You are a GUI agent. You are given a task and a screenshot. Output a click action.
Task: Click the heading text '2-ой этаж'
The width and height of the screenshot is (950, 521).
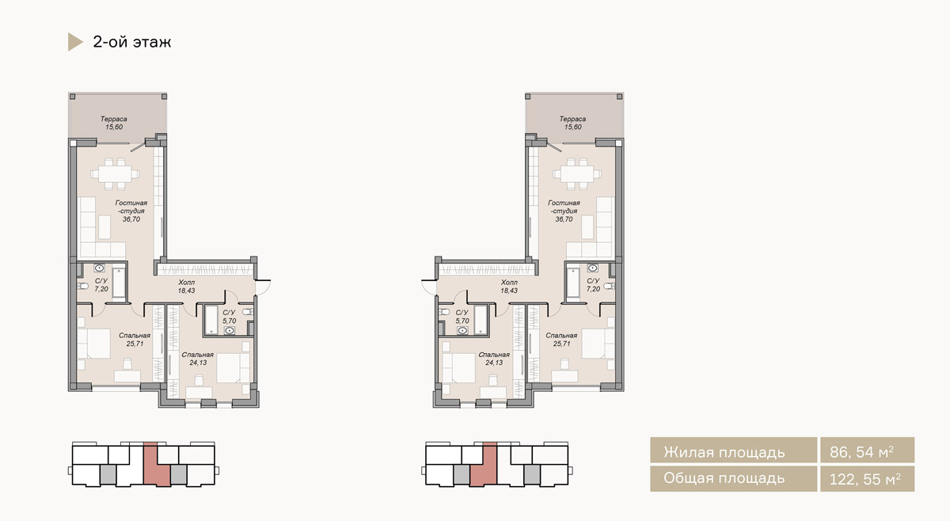tap(132, 42)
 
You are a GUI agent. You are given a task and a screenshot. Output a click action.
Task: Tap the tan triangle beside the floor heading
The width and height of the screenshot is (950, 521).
tap(74, 42)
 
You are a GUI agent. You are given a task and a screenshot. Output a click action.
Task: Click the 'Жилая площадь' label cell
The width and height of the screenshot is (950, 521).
tap(733, 451)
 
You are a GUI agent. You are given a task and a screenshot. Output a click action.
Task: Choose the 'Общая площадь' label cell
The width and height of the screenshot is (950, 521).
tap(733, 479)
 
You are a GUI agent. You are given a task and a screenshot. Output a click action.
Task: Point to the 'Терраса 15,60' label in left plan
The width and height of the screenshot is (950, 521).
tap(114, 123)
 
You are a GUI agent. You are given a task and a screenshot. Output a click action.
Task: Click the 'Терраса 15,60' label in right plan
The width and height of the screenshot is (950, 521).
tap(572, 123)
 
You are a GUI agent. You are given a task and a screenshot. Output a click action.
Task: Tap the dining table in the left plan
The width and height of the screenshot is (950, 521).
tap(115, 174)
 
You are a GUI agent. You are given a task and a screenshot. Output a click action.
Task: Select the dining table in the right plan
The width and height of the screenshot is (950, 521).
tap(577, 174)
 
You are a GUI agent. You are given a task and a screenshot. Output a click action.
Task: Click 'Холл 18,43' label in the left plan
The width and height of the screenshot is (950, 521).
tap(187, 287)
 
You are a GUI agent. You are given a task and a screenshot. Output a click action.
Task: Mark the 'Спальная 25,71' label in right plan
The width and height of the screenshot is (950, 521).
tap(561, 340)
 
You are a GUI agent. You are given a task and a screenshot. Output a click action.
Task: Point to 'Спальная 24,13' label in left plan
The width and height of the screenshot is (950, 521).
tap(198, 359)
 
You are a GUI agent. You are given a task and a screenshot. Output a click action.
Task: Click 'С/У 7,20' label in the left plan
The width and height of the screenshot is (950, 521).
tap(101, 285)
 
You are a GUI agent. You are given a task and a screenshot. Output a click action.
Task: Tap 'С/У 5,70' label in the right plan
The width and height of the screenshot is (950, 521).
tap(462, 317)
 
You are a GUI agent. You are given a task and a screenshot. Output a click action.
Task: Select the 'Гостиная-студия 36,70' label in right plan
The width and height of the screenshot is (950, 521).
tap(564, 211)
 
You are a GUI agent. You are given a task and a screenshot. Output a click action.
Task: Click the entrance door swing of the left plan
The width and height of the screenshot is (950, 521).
tap(264, 287)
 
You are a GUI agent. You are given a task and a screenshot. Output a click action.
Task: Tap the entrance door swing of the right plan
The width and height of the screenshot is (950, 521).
tap(428, 287)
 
